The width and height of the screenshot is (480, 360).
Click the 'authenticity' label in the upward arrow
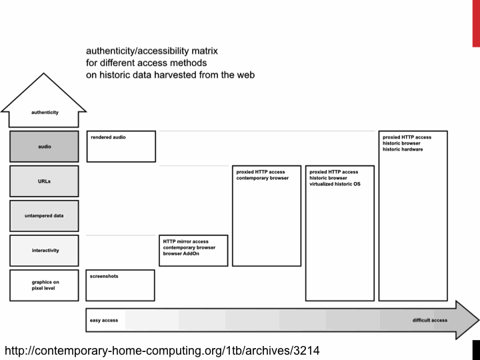pyautogui.click(x=45, y=112)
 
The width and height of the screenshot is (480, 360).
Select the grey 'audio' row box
pyautogui.click(x=44, y=147)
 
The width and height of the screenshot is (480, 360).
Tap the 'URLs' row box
pyautogui.click(x=44, y=181)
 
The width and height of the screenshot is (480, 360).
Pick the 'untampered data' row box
pyautogui.click(x=44, y=216)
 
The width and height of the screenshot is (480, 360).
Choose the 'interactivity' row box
pyautogui.click(x=44, y=251)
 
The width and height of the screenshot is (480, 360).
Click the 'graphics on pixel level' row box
pyautogui.click(x=44, y=285)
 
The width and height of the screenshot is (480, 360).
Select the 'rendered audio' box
pyautogui.click(x=121, y=146)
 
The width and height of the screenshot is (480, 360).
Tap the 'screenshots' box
pyautogui.click(x=121, y=285)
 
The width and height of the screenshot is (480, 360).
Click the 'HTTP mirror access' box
pyautogui.click(x=194, y=251)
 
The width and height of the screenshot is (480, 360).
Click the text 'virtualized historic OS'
pyautogui.click(x=335, y=183)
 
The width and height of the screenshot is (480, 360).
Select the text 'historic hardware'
pyautogui.click(x=403, y=149)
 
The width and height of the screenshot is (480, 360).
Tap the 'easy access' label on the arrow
pyautogui.click(x=104, y=321)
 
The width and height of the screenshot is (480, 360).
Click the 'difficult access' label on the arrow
pyautogui.click(x=430, y=321)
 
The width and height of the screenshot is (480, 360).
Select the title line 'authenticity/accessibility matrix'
pyautogui.click(x=151, y=51)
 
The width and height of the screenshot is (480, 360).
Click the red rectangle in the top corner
pyautogui.click(x=476, y=23)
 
